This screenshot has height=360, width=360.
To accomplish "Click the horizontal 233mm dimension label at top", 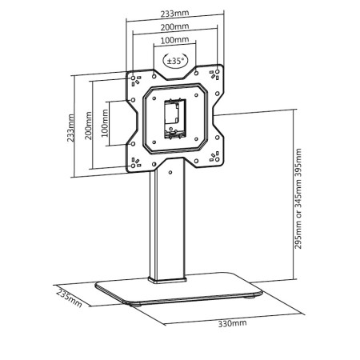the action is pyautogui.click(x=174, y=14).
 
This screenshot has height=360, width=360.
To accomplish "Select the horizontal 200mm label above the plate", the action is pyautogui.click(x=174, y=26).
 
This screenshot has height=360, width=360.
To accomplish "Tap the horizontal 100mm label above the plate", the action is pyautogui.click(x=174, y=40).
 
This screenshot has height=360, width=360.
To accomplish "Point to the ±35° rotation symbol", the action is pyautogui.click(x=175, y=61).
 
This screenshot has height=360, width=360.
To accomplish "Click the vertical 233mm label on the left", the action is pyautogui.click(x=70, y=128).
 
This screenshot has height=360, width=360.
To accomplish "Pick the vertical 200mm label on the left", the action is pyautogui.click(x=88, y=126).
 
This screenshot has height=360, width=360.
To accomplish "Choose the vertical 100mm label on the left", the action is pyautogui.click(x=105, y=123).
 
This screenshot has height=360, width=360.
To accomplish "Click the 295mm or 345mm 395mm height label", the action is pyautogui.click(x=298, y=198).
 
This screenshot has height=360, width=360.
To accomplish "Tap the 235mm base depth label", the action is pyautogui.click(x=70, y=298).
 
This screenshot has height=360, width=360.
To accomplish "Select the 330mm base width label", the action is pyautogui.click(x=232, y=323).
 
